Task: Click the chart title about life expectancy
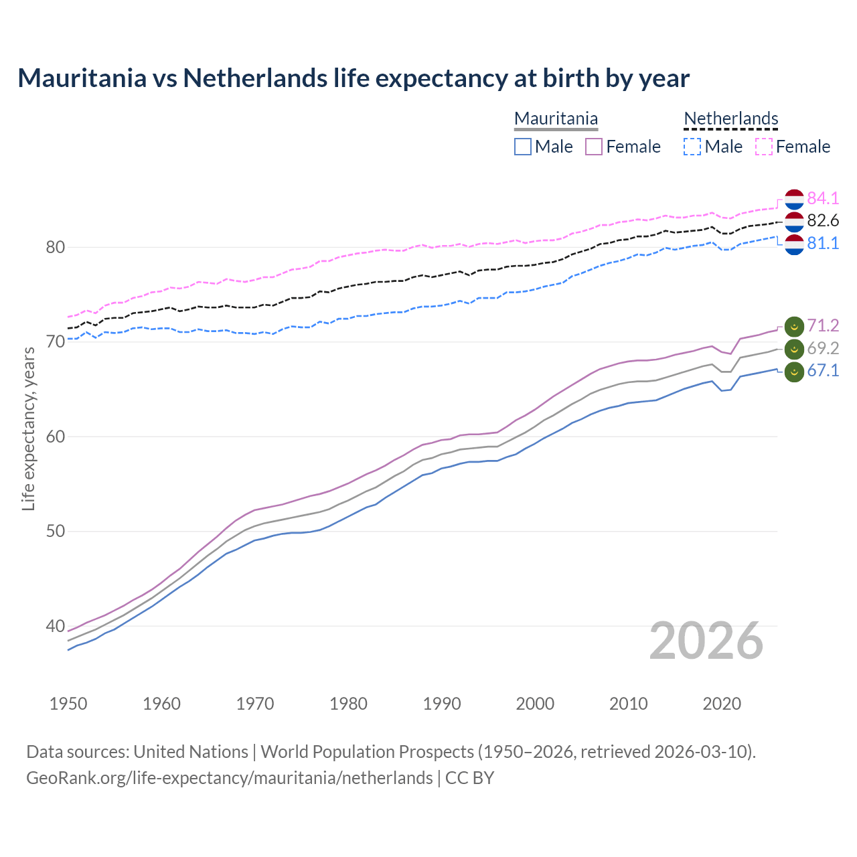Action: coord(354,78)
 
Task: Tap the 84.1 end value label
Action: coord(823,198)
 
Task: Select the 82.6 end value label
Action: coord(823,220)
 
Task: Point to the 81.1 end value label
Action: coord(823,243)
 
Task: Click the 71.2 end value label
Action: coord(823,325)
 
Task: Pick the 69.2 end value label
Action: coord(823,348)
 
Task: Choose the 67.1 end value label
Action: coord(823,371)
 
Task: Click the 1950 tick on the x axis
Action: coord(68,704)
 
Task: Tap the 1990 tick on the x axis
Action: coord(442,704)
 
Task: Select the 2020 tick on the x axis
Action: coord(722,704)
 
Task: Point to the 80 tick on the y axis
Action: coord(55,247)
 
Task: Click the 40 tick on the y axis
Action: coord(55,627)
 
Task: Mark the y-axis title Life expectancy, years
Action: coord(28,428)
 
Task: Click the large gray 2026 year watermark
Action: coord(706,641)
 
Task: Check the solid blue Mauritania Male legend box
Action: coord(523,147)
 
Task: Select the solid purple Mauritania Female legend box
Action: coord(594,147)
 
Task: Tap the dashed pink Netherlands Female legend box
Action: coord(764,147)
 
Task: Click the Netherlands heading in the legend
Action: coord(731,119)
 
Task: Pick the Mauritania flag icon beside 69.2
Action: coord(794,349)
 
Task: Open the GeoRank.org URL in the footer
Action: coord(230,777)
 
